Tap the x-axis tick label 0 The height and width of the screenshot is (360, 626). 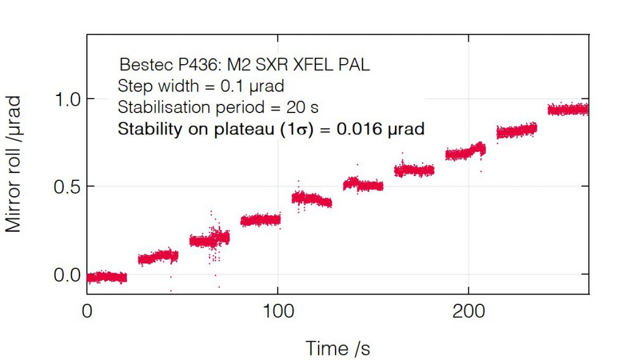tap(87, 310)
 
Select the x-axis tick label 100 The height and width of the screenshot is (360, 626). tap(278, 310)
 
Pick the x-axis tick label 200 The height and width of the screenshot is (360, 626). tap(468, 310)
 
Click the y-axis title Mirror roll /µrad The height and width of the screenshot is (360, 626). tap(13, 163)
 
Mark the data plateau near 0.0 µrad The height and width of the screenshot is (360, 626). tap(106, 277)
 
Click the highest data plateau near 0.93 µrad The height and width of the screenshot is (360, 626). tap(568, 109)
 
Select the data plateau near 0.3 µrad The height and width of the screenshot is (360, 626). tap(260, 220)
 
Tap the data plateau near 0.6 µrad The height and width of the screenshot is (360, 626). tap(414, 171)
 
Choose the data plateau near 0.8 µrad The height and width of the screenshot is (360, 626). tap(517, 131)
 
